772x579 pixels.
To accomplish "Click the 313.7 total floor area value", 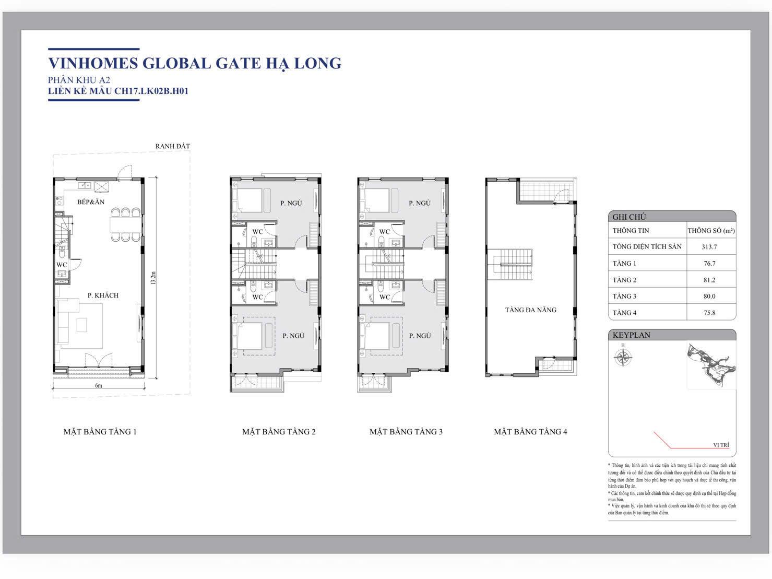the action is click(709, 247).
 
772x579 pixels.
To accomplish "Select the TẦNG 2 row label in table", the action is click(624, 280).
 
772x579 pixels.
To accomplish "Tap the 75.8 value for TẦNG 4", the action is click(709, 313).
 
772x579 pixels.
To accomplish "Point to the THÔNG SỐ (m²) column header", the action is click(711, 231).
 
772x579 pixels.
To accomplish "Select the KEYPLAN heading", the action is click(631, 335).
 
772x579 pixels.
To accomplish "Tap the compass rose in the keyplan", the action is click(623, 358).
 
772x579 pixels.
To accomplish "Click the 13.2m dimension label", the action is click(152, 278).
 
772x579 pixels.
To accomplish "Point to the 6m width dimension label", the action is click(99, 385).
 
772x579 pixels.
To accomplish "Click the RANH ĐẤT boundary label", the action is click(173, 146).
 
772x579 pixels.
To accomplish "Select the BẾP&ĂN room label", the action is click(91, 202).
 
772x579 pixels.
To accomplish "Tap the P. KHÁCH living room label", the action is click(103, 296).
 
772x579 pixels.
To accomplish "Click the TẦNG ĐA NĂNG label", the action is click(531, 310).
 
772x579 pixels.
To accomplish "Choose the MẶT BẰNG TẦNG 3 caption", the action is click(406, 432).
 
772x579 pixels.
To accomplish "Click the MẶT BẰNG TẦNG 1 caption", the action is click(100, 432).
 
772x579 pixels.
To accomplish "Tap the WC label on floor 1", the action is click(62, 265).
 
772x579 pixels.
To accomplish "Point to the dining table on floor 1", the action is click(126, 225).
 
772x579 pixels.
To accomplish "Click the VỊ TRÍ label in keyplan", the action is click(721, 445).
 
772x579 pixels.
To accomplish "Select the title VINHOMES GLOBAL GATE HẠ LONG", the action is click(195, 63).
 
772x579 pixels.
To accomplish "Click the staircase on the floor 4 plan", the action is click(510, 264).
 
